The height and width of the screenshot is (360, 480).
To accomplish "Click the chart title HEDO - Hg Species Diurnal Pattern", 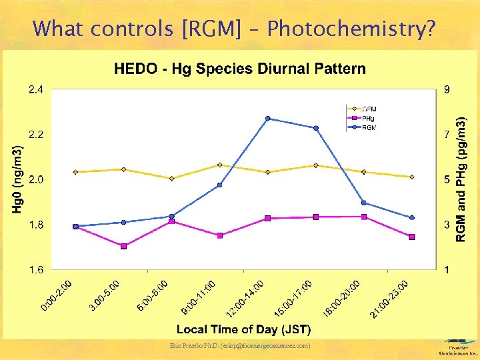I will click(239, 68).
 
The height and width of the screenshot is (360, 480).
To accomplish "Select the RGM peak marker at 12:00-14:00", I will click(267, 119).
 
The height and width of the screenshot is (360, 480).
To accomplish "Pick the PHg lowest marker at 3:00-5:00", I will click(123, 246).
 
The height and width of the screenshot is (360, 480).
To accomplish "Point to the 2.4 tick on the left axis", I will click(35, 89).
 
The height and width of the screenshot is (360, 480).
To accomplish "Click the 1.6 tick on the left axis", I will click(35, 270).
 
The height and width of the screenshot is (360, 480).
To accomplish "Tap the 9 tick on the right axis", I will click(447, 89).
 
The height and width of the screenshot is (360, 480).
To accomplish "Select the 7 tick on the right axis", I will click(447, 135).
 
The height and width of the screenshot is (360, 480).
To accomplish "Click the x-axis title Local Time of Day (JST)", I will click(243, 329).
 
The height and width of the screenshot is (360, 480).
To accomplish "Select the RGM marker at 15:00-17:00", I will click(316, 128).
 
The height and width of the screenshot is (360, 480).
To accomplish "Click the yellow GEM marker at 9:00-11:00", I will click(219, 165).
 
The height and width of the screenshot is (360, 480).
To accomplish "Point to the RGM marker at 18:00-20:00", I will click(363, 203).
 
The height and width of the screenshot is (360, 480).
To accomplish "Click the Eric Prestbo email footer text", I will click(239, 345).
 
